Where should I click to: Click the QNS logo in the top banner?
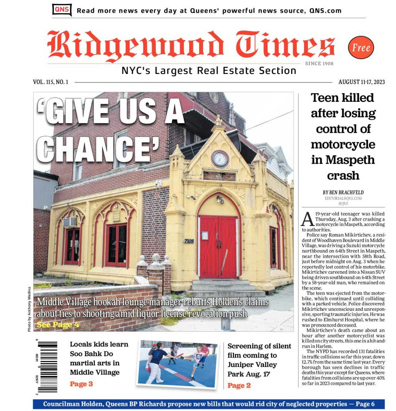click(x=62, y=10)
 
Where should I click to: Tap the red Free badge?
click(x=361, y=48)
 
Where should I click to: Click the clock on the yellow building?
click(x=220, y=159)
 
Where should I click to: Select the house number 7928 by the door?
click(x=188, y=241)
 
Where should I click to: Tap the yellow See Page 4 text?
click(x=58, y=324)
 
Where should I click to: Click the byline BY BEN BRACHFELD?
click(x=343, y=192)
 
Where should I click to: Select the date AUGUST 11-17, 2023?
click(x=361, y=82)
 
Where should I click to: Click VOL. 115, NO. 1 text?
click(x=51, y=82)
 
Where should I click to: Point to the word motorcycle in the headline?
click(x=343, y=144)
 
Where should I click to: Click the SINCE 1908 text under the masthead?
click(x=319, y=63)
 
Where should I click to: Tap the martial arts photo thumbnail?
click(x=178, y=363)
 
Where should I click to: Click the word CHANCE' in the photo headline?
click(x=101, y=148)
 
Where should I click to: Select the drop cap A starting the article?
click(x=307, y=219)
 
